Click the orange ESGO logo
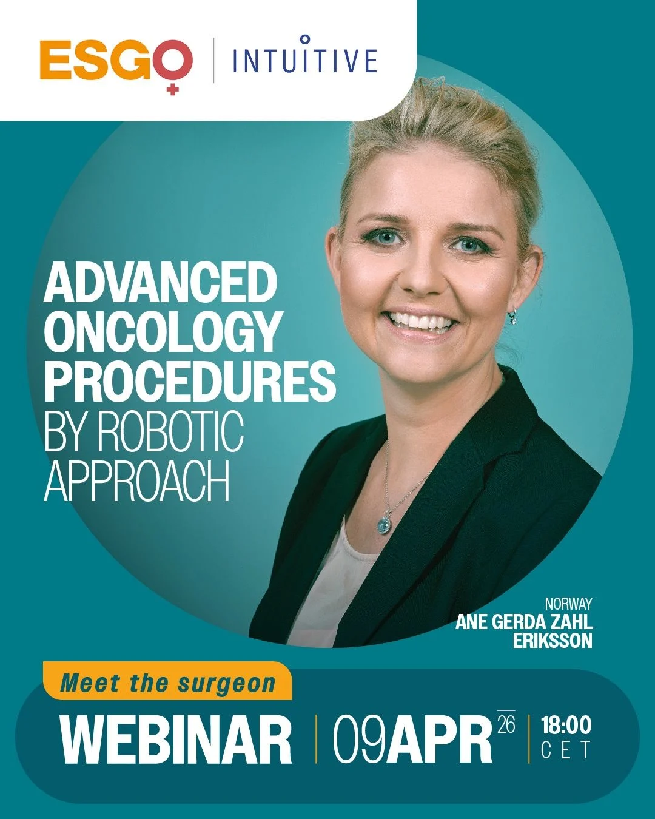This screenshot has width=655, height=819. [x=115, y=61]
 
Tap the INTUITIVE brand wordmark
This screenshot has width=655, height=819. [x=304, y=59]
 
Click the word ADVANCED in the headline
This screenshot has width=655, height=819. [x=160, y=283]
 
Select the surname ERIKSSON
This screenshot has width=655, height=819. [x=553, y=641]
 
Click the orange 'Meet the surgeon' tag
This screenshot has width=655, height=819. [x=167, y=683]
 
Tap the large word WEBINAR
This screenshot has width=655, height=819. [x=176, y=740]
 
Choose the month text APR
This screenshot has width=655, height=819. [x=439, y=740]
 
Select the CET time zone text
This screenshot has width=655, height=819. [x=565, y=751]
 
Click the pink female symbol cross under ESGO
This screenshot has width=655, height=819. [x=173, y=89]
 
